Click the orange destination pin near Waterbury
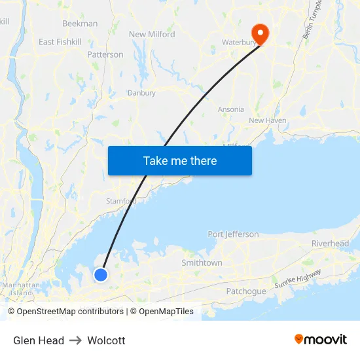(260, 33)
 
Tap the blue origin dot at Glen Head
(101, 275)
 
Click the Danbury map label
(141, 93)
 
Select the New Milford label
(152, 34)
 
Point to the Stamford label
(121, 201)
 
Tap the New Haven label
(267, 120)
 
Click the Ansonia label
(230, 109)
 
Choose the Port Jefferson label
(233, 234)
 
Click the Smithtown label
(202, 262)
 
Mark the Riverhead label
(330, 243)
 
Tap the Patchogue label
(245, 291)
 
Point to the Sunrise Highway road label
(298, 278)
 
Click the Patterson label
(105, 54)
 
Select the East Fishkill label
(60, 42)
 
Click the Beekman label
(80, 24)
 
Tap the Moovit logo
(321, 339)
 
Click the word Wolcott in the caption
(106, 340)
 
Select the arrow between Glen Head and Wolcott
(76, 340)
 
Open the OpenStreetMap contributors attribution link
(70, 312)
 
